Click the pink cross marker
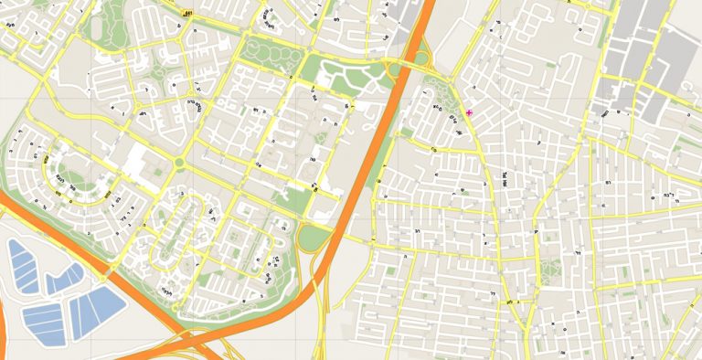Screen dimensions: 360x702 click(x=469, y=112)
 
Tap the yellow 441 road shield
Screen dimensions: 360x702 click(x=187, y=14)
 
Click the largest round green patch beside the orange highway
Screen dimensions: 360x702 click(x=314, y=238)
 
